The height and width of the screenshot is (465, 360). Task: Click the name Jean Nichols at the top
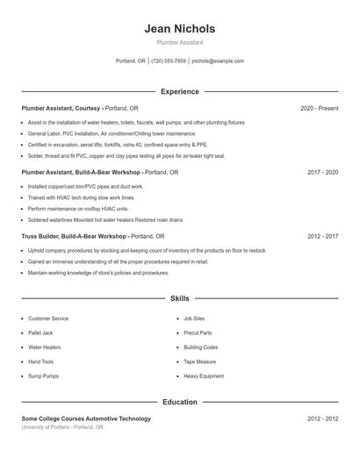coord(179,29)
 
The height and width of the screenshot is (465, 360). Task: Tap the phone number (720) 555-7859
coord(169,61)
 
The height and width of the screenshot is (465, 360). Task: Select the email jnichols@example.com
coord(218,61)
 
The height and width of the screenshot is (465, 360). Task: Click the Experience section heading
coord(179,91)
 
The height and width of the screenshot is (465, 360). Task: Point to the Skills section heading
coord(179,298)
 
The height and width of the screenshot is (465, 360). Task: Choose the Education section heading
coord(179,402)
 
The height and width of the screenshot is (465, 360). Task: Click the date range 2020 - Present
coord(319,108)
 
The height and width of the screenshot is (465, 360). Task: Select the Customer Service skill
coord(48,318)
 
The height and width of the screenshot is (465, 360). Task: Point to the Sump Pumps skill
coord(44,376)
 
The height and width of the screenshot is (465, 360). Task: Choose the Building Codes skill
coord(200,347)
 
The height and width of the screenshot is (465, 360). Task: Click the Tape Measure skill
coord(199,361)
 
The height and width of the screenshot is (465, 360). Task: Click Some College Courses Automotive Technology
coord(86,418)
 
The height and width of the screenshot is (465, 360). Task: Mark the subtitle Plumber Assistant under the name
coord(179,42)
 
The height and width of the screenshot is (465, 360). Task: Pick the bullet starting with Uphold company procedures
coord(147,250)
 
